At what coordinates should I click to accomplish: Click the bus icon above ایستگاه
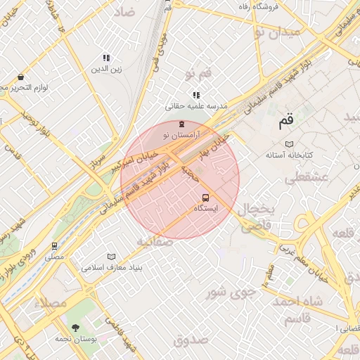[205, 198]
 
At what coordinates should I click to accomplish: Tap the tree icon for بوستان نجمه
[75, 327]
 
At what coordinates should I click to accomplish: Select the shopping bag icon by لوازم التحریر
[20, 77]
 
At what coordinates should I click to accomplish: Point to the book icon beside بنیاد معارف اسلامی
[110, 257]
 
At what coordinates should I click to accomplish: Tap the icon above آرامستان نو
[182, 124]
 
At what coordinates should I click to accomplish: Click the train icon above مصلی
[54, 246]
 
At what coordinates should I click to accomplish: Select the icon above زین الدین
[105, 58]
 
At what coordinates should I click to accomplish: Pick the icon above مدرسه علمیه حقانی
[195, 95]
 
